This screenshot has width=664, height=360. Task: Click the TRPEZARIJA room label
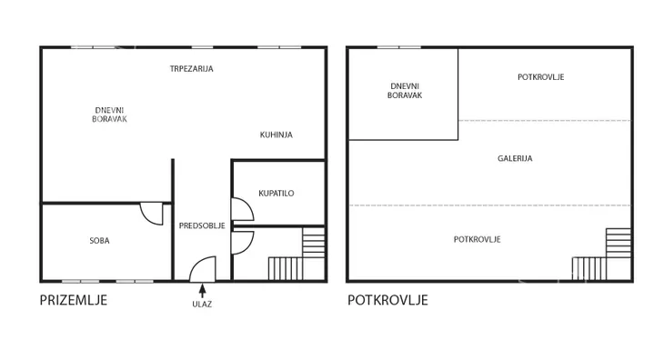click(191, 68)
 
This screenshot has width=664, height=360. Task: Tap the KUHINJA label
click(277, 135)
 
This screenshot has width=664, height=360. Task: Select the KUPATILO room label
click(277, 194)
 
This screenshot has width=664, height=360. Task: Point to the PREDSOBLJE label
click(202, 225)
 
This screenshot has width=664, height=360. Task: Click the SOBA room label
click(99, 241)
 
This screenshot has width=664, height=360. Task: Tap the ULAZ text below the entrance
click(202, 305)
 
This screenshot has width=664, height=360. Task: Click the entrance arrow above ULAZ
click(203, 291)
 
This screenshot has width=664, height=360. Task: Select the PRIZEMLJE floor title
click(74, 300)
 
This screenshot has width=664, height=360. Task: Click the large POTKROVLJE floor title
click(387, 300)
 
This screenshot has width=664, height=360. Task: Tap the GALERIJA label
click(515, 159)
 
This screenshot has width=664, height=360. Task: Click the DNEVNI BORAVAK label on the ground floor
click(109, 115)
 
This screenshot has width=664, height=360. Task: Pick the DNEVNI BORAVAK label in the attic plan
click(405, 91)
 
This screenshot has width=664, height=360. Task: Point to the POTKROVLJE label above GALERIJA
click(541, 77)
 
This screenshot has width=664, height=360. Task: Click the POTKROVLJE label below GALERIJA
click(478, 239)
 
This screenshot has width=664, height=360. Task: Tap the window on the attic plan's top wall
click(399, 47)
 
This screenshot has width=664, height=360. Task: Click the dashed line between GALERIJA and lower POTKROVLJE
click(490, 205)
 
